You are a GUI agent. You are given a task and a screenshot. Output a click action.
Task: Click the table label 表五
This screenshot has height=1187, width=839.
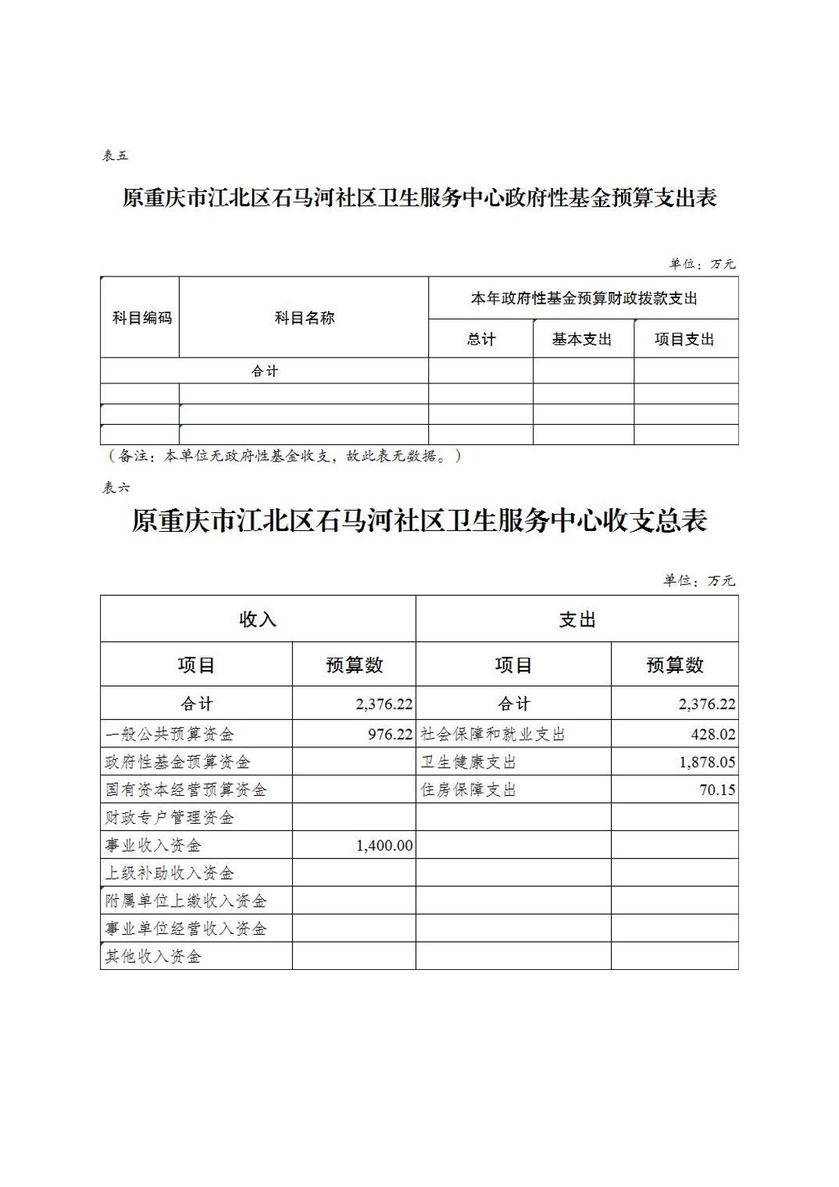(115, 155)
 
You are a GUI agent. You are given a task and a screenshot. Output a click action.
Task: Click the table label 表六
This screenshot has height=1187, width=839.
(116, 487)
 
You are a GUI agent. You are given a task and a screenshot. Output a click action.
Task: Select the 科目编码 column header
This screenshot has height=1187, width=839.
(141, 318)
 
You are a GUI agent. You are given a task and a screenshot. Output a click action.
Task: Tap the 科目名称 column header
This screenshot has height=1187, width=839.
(304, 318)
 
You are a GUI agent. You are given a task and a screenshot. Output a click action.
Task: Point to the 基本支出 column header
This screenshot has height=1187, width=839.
(582, 339)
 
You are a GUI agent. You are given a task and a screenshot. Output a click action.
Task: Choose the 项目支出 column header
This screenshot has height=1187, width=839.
(684, 339)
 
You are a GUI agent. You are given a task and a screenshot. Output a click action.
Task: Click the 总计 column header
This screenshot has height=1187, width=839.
(480, 339)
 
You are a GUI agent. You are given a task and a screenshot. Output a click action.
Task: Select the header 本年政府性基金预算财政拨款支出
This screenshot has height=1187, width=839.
(583, 298)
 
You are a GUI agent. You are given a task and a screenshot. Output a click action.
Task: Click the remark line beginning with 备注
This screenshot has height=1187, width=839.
(281, 456)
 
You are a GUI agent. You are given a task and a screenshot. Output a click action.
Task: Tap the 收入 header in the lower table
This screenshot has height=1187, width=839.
(258, 619)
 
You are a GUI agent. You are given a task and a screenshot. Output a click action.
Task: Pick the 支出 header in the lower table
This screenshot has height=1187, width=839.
(577, 619)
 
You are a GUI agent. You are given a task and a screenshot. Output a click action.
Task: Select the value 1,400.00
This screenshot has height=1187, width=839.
(384, 845)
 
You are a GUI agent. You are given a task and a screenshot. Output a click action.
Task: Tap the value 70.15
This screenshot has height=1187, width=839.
(717, 790)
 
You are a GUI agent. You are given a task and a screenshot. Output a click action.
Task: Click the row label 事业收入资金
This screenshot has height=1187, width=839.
(154, 845)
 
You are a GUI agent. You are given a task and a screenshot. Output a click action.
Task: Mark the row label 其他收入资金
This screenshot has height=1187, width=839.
(154, 956)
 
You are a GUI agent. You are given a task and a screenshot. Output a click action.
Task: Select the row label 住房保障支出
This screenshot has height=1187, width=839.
(469, 790)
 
